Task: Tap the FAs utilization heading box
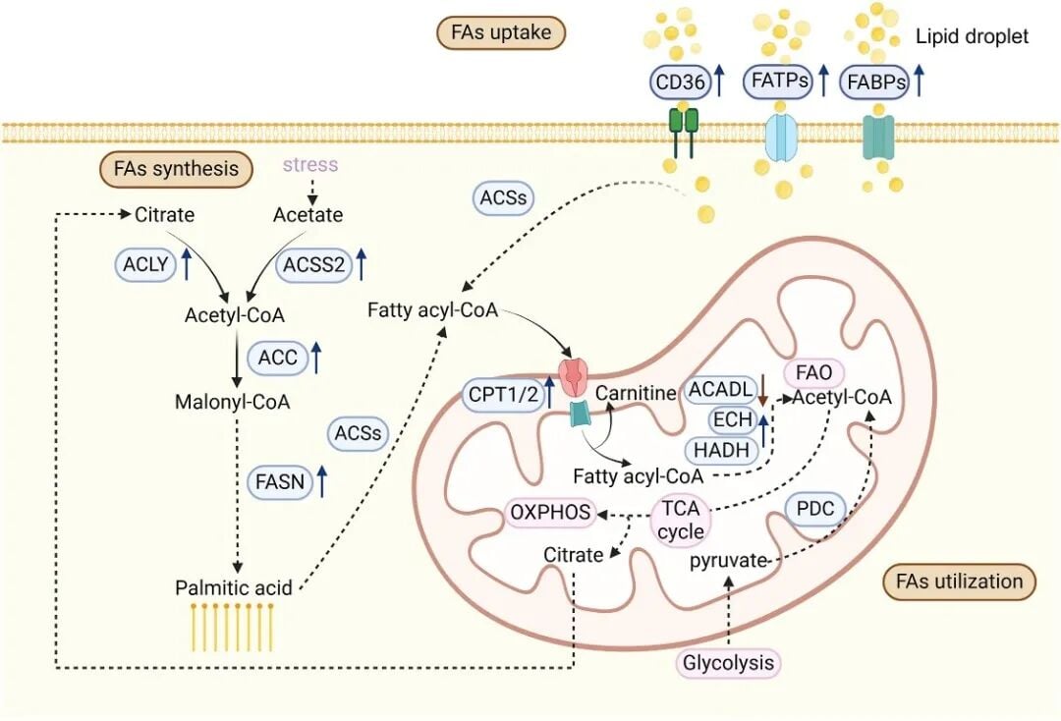click(x=960, y=581)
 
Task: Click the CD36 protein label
click(x=680, y=83)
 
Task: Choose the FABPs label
click(x=874, y=83)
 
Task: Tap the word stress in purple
click(x=309, y=164)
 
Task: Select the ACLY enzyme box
click(x=142, y=263)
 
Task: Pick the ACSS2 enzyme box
click(x=314, y=263)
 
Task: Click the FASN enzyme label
click(x=279, y=481)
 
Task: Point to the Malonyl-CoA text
click(x=232, y=402)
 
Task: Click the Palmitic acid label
click(x=234, y=587)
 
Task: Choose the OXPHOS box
click(x=550, y=512)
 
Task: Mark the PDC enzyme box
click(x=815, y=510)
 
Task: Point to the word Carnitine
click(x=636, y=393)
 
